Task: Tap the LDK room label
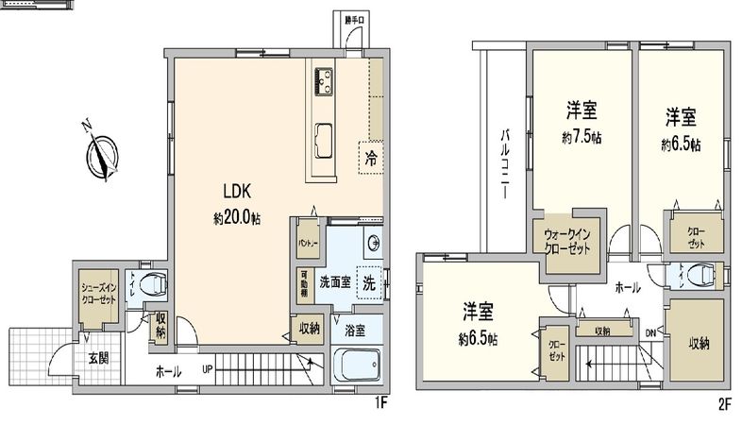pos(236,188)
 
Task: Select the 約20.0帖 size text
pos(236,217)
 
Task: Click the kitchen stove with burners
pos(322,83)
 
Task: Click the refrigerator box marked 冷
pos(370,158)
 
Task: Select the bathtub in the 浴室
pos(357,365)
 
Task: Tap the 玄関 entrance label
pos(99,358)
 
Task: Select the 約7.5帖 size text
pos(581,136)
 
